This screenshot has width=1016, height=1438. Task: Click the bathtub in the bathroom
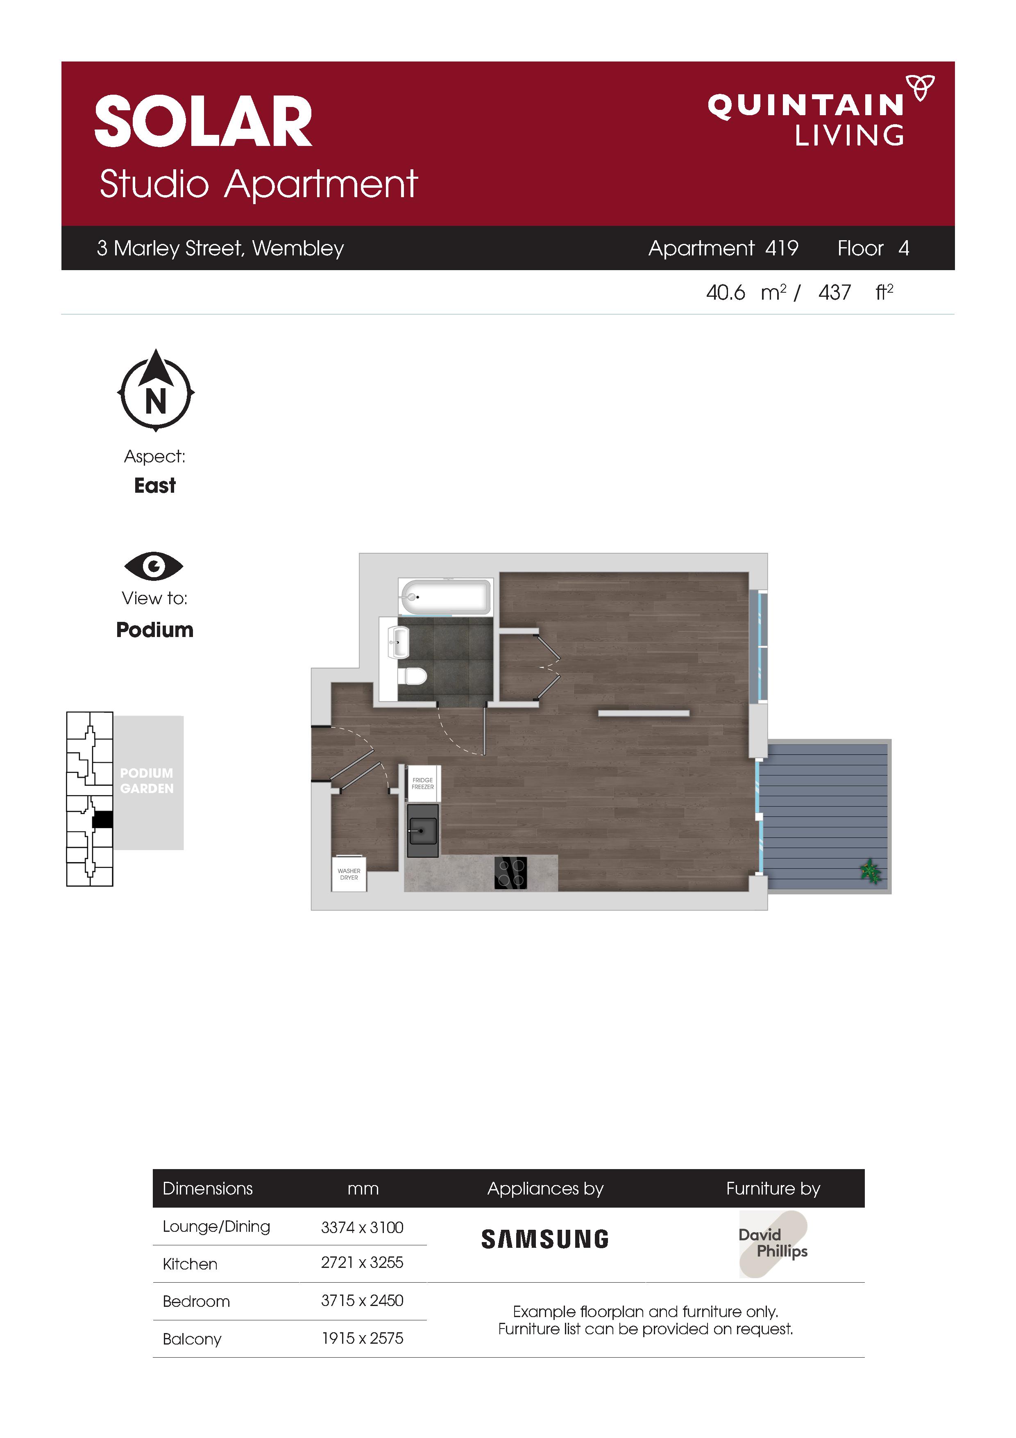445,597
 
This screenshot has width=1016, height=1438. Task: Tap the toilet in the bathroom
413,676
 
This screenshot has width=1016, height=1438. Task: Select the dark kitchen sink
422,830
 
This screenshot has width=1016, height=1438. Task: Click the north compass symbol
156,390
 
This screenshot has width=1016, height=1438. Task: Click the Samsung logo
544,1239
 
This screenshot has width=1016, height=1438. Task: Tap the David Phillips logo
773,1244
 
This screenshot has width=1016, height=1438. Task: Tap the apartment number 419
782,248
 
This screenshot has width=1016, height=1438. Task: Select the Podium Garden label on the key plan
147,780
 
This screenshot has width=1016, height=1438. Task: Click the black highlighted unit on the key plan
103,819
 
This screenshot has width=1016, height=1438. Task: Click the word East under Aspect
154,485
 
